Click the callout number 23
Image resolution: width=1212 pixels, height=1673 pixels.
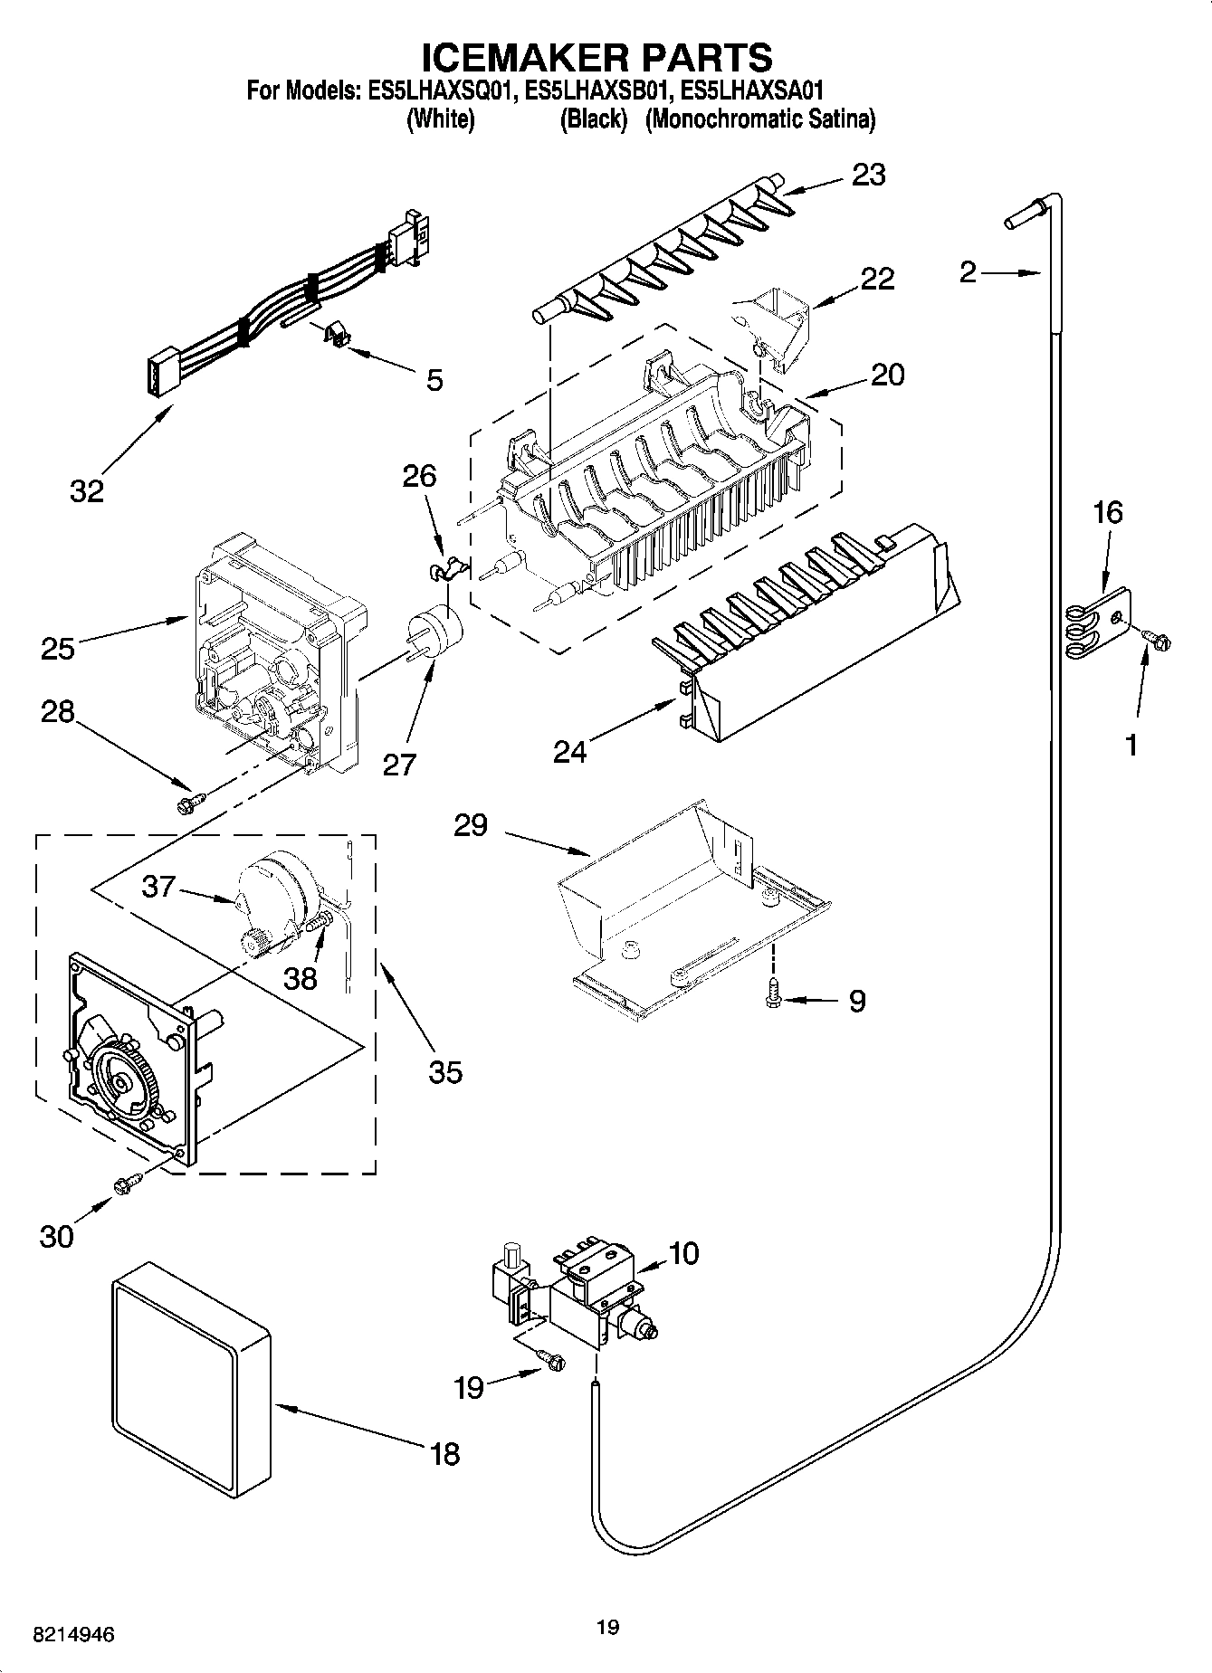click(868, 175)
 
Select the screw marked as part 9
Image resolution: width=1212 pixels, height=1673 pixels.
click(773, 992)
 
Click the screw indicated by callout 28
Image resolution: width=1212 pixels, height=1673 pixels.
click(193, 800)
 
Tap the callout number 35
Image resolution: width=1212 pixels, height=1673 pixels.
click(445, 1072)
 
